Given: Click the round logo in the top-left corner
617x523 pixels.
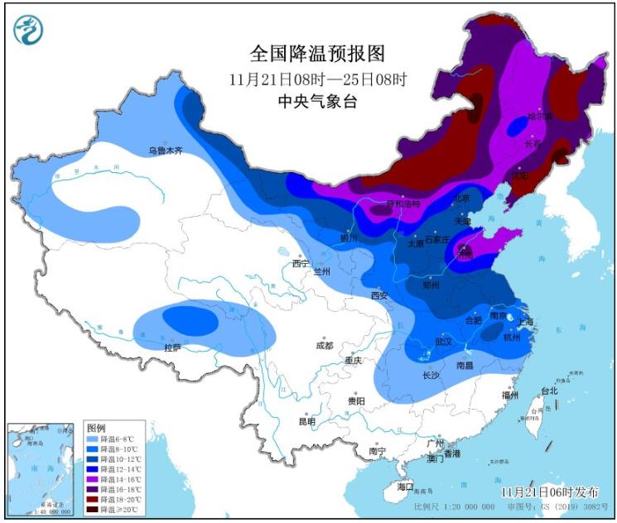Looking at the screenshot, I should pos(28,31).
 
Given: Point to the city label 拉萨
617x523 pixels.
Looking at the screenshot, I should pos(172,348).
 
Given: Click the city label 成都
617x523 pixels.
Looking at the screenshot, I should pos(324,346).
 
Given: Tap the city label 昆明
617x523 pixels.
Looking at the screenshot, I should pos(307,421).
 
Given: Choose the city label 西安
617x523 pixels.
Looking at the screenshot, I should pos(379,295).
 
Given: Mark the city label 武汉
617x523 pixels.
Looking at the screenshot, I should pos(443,341).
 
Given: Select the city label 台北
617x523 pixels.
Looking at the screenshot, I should pos(549,391).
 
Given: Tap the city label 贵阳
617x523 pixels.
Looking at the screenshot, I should pos(356,401).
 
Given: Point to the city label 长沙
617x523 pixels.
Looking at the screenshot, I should pos(431,374).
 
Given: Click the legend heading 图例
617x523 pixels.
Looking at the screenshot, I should pos(97,429).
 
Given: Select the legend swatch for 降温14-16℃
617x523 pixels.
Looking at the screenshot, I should pos(93,478).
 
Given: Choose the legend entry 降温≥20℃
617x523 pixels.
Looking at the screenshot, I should pos(121,510).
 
